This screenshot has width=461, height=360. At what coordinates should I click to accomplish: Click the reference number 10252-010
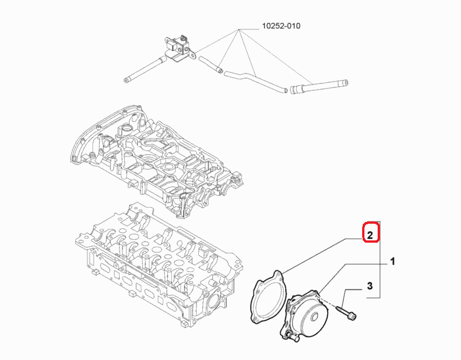pyautogui.click(x=281, y=26)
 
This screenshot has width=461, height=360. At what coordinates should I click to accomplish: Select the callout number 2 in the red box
pyautogui.click(x=370, y=235)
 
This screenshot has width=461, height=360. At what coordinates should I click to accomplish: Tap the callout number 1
pyautogui.click(x=393, y=261)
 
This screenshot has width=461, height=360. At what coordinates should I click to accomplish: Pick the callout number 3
pyautogui.click(x=370, y=286)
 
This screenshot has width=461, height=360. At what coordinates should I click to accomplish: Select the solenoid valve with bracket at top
pyautogui.click(x=180, y=48)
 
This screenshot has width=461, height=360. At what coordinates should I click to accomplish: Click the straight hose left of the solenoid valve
pyautogui.click(x=145, y=70)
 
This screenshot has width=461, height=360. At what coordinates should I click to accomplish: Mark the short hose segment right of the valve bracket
pyautogui.click(x=210, y=64)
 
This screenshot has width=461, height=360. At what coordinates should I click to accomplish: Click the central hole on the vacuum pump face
pyautogui.click(x=314, y=317)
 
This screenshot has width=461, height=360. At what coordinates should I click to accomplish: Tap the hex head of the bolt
pyautogui.click(x=353, y=316)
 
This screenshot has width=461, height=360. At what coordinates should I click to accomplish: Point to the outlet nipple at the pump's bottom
pyautogui.click(x=289, y=336)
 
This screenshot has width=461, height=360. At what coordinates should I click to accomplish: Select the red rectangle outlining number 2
pyautogui.click(x=371, y=232)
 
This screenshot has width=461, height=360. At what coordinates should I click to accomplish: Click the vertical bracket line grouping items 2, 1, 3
pyautogui.click(x=380, y=260)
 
